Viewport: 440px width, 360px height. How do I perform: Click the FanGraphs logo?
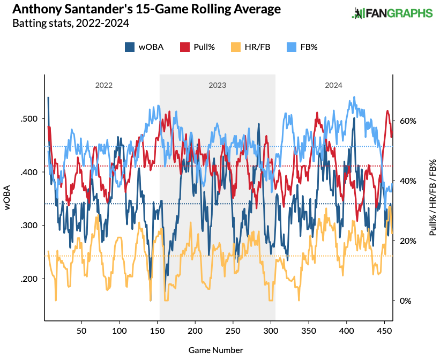pyautogui.click(x=392, y=13)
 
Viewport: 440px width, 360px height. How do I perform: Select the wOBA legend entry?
pyautogui.click(x=145, y=47)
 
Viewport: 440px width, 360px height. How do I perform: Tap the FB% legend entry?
pyautogui.click(x=303, y=47)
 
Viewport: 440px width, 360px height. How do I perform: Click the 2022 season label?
pyautogui.click(x=104, y=85)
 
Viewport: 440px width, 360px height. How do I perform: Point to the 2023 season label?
pyautogui.click(x=217, y=85)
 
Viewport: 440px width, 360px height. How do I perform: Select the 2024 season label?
pyautogui.click(x=333, y=85)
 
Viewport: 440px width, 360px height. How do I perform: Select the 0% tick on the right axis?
pyautogui.click(x=406, y=301)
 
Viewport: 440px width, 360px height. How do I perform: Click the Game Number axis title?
pyautogui.click(x=216, y=350)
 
